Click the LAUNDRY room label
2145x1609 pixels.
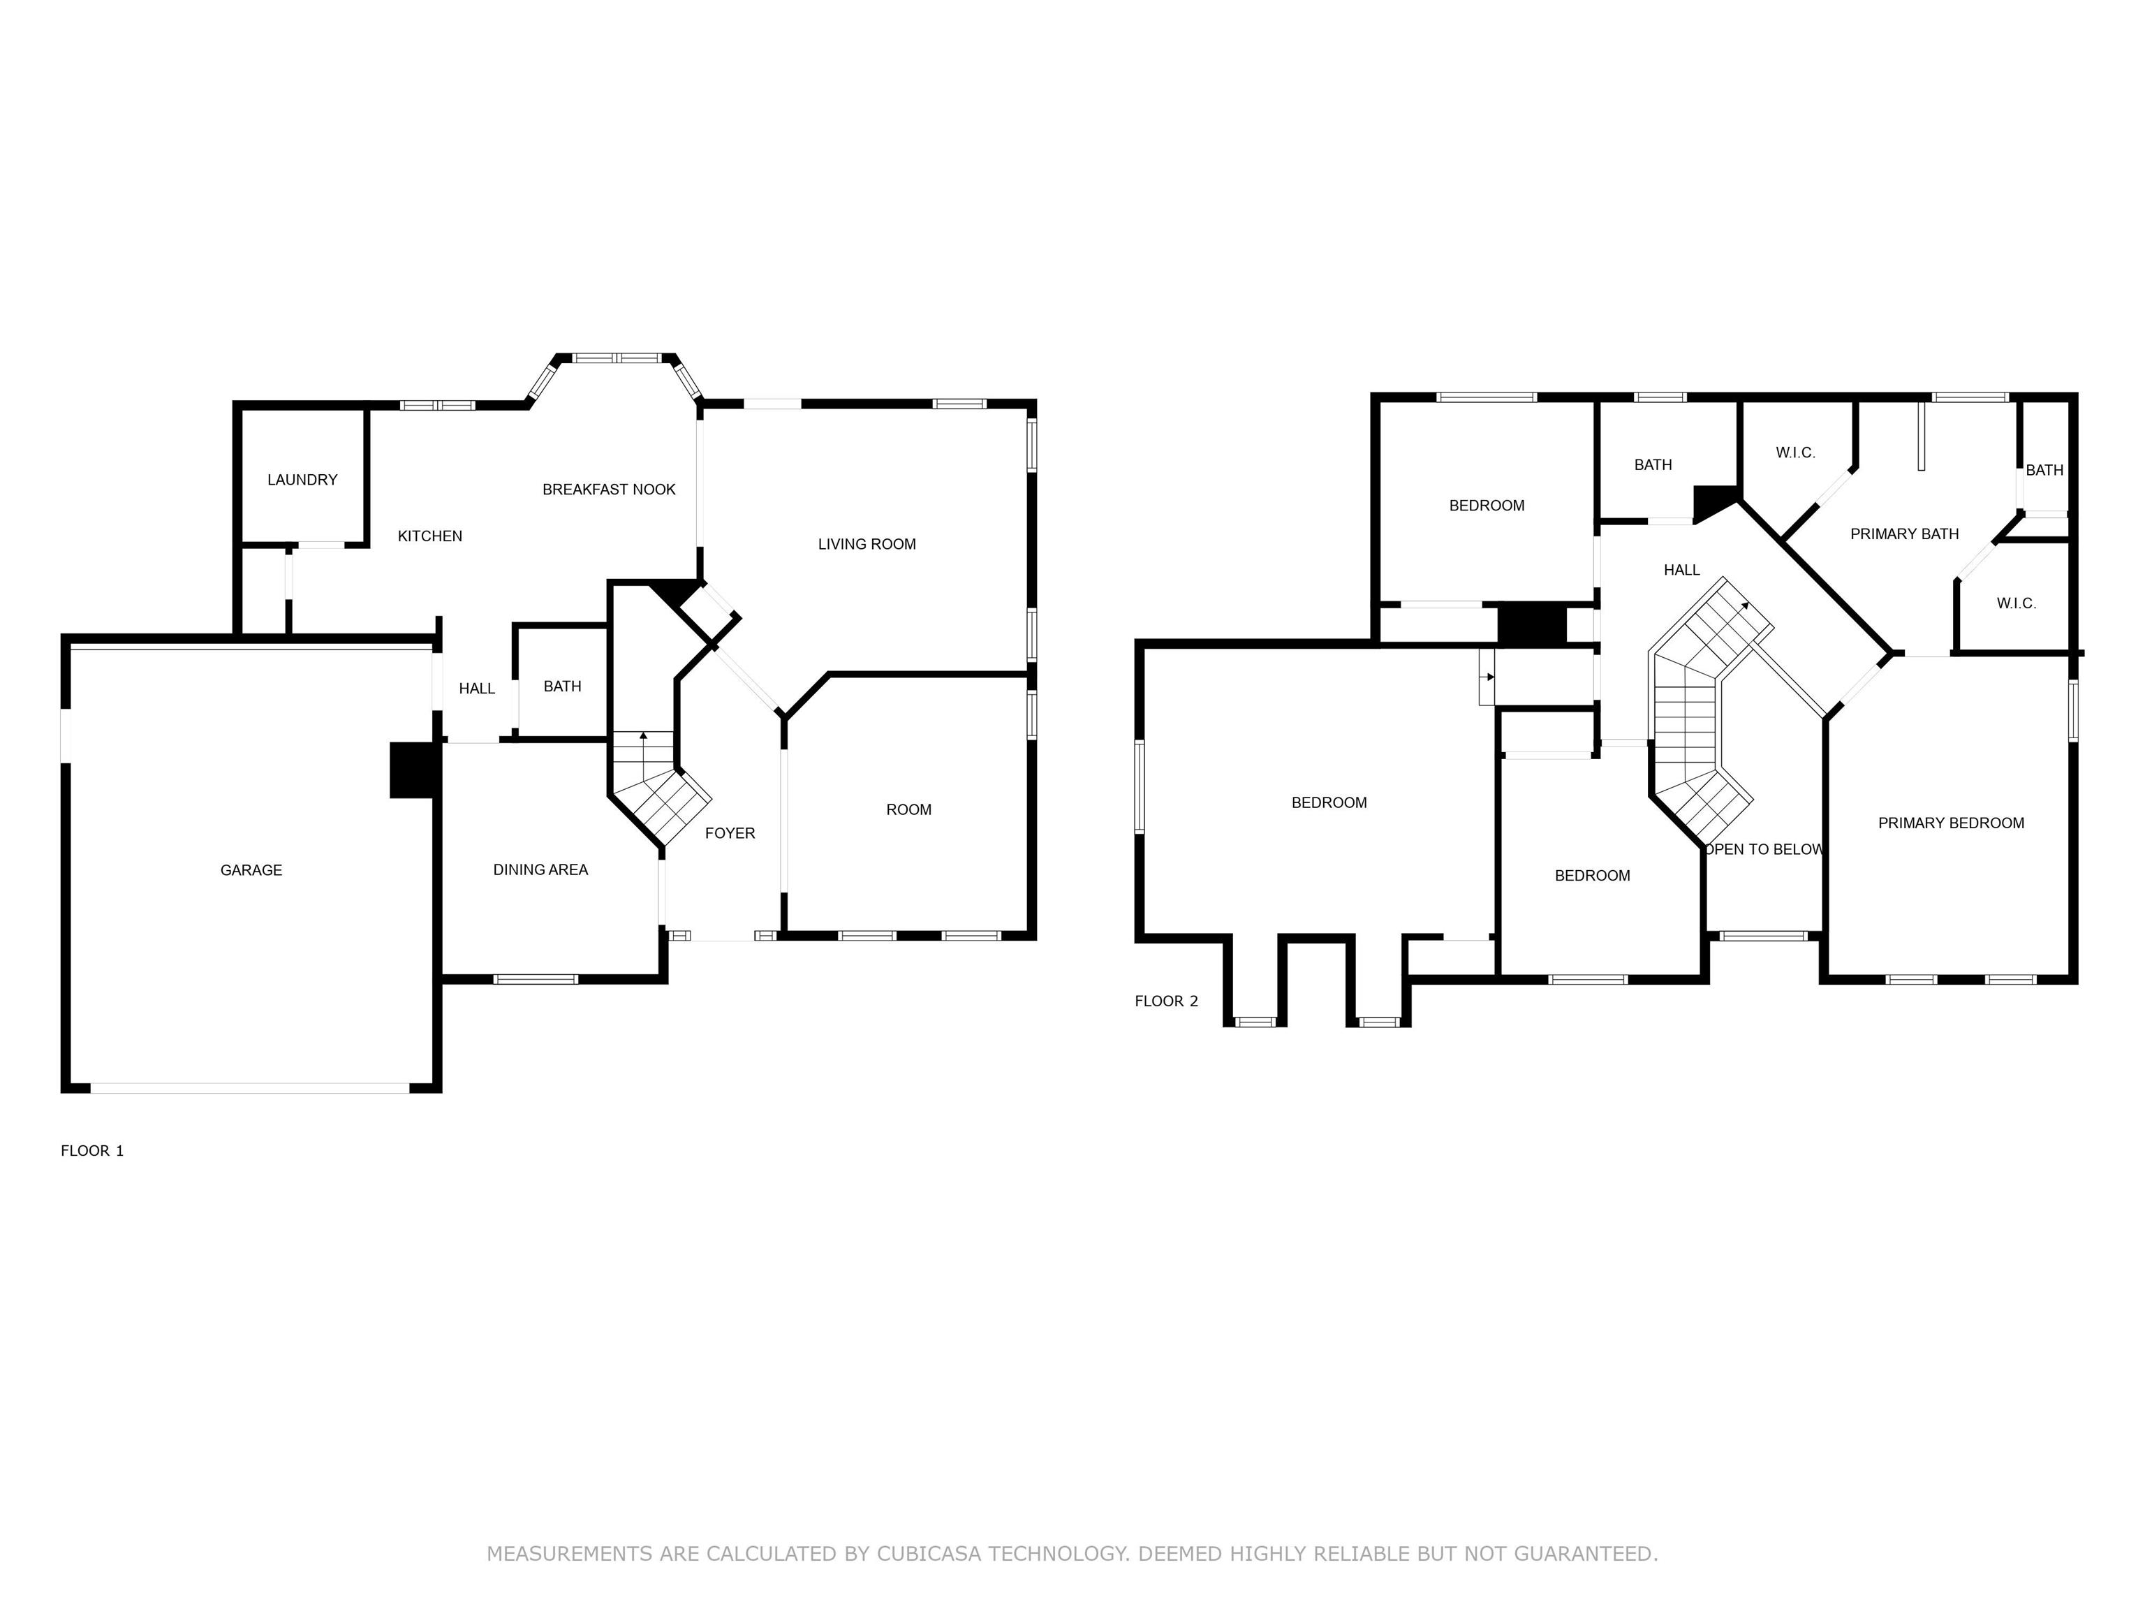tap(302, 480)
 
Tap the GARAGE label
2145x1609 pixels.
tap(251, 871)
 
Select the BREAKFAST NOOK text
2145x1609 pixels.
tap(609, 490)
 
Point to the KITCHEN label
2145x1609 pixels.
tap(429, 536)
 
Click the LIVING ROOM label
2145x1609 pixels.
tap(867, 544)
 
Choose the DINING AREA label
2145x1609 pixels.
tap(540, 870)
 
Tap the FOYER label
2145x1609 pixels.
tap(730, 833)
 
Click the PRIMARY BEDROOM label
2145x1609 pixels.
tap(1951, 823)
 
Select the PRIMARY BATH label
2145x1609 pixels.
tap(1905, 534)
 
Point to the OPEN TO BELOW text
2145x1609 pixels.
tap(1764, 850)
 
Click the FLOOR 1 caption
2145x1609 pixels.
tap(92, 1151)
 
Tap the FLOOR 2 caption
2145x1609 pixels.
tap(1167, 1001)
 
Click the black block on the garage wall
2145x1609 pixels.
tap(414, 771)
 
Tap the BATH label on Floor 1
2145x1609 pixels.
tap(562, 686)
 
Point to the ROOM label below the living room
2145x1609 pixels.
tap(908, 810)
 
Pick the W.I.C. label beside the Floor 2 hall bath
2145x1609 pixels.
tap(1796, 453)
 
